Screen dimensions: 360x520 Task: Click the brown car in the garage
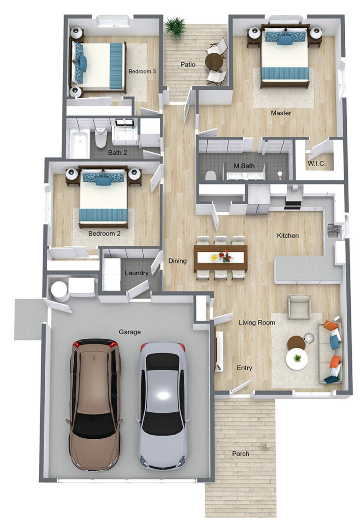[x=95, y=405]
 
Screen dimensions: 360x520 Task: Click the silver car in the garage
[x=162, y=406]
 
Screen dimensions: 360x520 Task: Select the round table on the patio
[x=214, y=61]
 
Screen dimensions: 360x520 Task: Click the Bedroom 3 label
[x=142, y=71]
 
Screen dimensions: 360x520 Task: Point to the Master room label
[x=281, y=113]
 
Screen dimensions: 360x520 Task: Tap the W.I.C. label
[x=316, y=164]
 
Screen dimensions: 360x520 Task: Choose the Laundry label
[x=137, y=273]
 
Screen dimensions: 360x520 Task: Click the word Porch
[x=241, y=453]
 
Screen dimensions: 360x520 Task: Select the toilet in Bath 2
[x=101, y=138]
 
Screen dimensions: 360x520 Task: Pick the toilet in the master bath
[x=211, y=175]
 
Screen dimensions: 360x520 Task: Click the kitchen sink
[x=332, y=231]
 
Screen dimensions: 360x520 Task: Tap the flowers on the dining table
[x=226, y=256]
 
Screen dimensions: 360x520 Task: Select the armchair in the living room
[x=300, y=307]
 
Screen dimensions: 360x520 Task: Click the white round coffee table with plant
[x=297, y=359]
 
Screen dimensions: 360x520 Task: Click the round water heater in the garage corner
[x=60, y=291]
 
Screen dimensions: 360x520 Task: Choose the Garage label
[x=129, y=332]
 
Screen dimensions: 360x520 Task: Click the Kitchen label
[x=288, y=236]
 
